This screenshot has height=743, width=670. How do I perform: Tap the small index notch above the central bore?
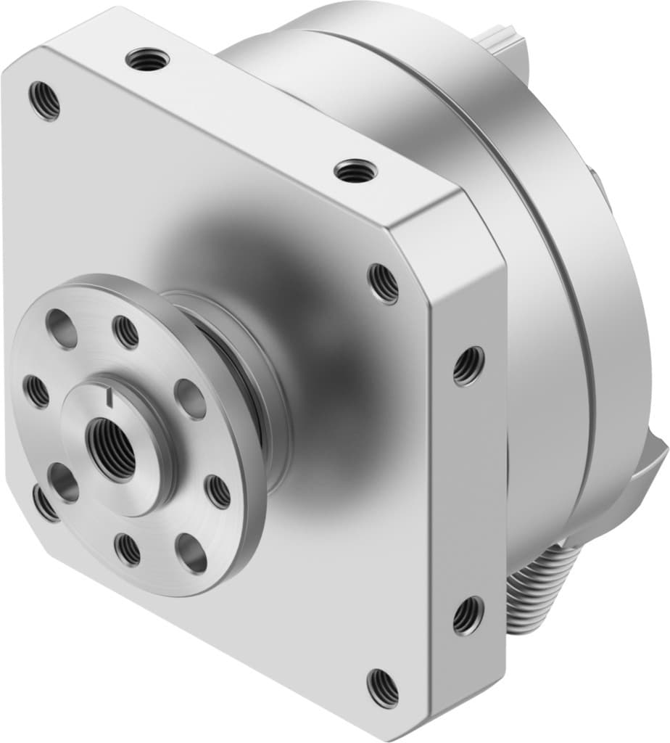(109, 396)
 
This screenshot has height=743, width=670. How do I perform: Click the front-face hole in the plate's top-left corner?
(44, 101)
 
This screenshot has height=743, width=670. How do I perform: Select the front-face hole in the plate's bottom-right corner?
(382, 686)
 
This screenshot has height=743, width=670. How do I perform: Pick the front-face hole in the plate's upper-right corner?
(383, 282)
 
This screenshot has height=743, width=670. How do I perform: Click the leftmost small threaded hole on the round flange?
(36, 391)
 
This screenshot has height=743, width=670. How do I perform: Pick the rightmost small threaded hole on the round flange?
(218, 491)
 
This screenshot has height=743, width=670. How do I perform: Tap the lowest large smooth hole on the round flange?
(191, 553)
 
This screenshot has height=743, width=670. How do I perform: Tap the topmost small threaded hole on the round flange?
(126, 332)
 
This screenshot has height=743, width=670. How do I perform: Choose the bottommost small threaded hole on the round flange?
(128, 549)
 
